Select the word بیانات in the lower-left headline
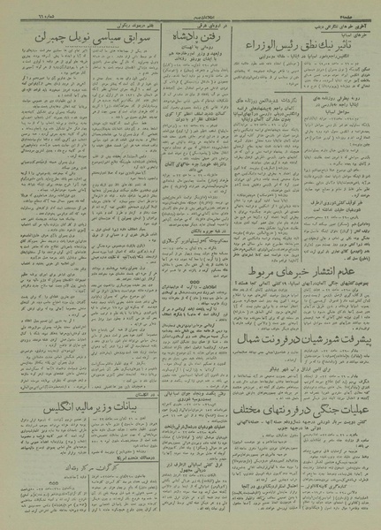pos(124,434)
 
